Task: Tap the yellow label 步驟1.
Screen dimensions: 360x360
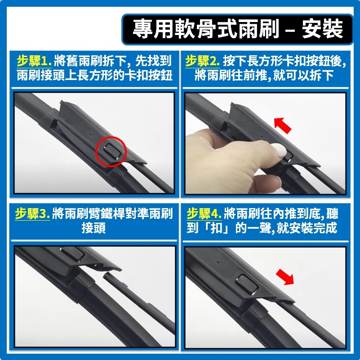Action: click(34, 61)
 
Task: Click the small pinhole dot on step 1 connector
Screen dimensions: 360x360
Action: click(90, 133)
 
